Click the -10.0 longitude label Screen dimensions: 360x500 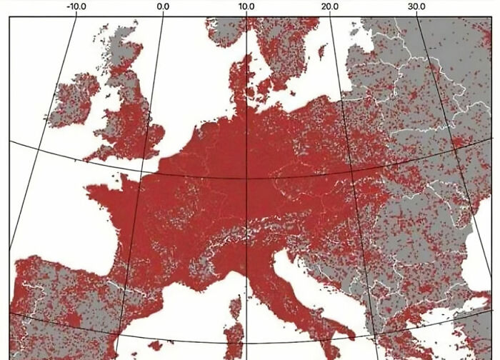76,7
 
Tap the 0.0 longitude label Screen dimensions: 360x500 163,7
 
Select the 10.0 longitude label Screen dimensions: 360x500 246,7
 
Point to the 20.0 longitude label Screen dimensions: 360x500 330,7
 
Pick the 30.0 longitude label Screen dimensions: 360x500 416,7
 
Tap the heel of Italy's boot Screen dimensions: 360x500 350,333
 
